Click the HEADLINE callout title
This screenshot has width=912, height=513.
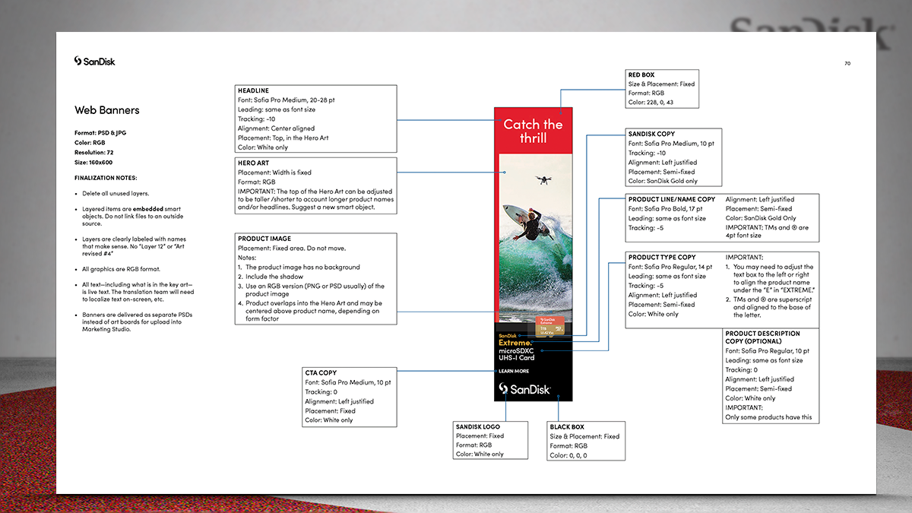[x=253, y=90]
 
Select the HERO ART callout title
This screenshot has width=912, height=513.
[x=253, y=163]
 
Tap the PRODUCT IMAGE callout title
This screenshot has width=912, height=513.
[x=264, y=239]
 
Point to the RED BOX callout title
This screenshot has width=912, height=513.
[x=641, y=74]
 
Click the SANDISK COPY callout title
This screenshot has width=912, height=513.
[x=651, y=134]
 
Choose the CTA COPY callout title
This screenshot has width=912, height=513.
[x=321, y=373]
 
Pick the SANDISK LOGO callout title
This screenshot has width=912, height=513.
[x=478, y=426]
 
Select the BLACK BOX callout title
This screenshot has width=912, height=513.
[x=566, y=427]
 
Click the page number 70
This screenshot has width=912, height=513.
[x=847, y=63]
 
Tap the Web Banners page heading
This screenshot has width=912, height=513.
[x=107, y=110]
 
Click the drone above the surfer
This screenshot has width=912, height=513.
[x=543, y=180]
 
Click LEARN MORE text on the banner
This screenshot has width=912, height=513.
[x=514, y=371]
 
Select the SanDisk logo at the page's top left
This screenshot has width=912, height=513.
[x=95, y=61]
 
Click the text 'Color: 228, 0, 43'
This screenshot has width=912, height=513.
[x=651, y=103]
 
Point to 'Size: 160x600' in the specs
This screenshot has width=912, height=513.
[x=93, y=162]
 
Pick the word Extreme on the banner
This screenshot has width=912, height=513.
[x=515, y=344]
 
